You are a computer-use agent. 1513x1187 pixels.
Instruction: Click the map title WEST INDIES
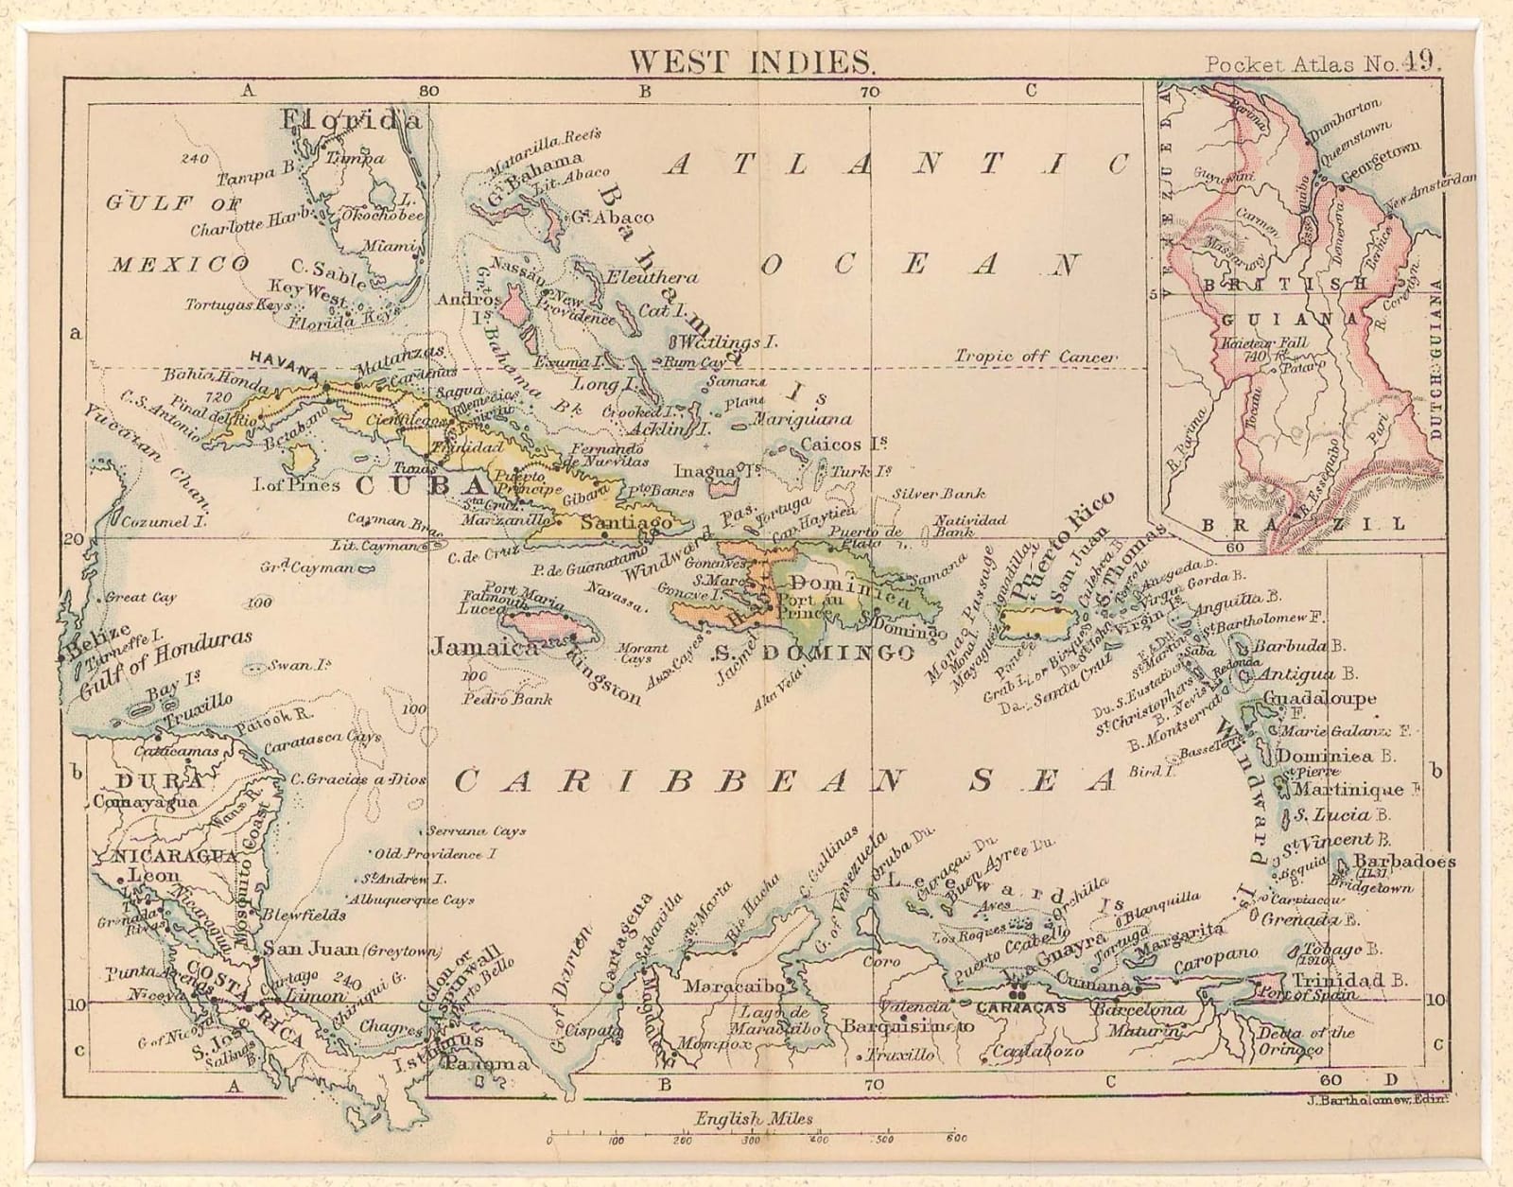click(x=752, y=62)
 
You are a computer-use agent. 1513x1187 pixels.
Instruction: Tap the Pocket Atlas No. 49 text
click(x=1322, y=63)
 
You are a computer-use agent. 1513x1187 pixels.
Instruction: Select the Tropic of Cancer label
click(x=1035, y=357)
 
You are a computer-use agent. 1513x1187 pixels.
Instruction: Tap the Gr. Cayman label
click(x=308, y=567)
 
